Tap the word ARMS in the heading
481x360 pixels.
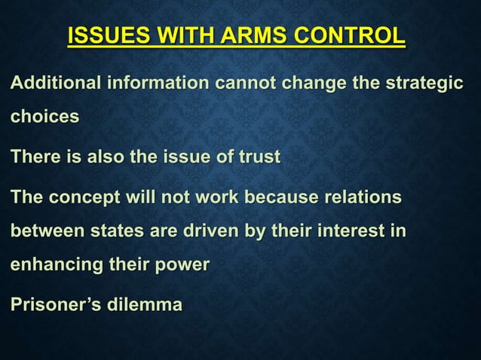coord(244,35)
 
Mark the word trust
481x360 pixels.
coord(258,157)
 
